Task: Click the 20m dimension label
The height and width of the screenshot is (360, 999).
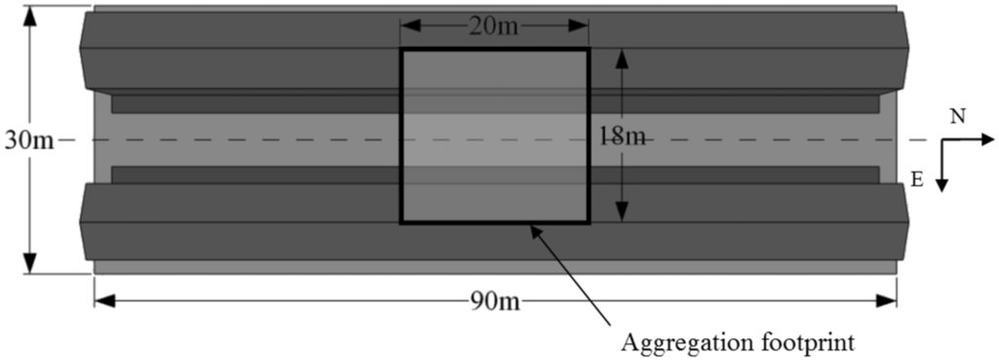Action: click(495, 26)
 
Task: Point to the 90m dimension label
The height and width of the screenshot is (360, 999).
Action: click(495, 300)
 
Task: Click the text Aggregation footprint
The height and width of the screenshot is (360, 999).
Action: click(738, 342)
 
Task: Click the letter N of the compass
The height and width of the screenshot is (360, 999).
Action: click(959, 117)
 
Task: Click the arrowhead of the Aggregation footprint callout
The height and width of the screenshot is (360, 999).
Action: click(534, 229)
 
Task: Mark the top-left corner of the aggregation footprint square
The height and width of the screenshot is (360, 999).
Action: click(402, 49)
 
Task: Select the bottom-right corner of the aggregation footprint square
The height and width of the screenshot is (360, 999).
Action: click(589, 222)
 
